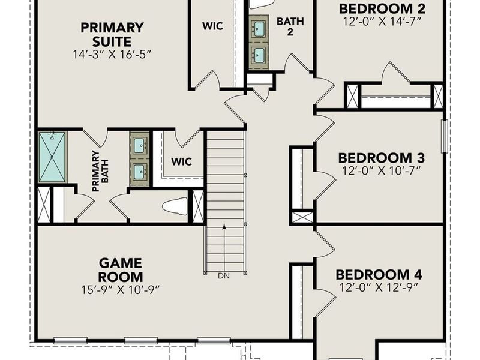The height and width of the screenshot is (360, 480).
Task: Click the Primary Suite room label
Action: [112, 35]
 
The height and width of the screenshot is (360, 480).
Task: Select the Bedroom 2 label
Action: [382, 8]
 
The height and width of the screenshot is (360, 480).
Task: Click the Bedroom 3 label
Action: [382, 158]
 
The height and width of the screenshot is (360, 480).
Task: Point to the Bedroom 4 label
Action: [379, 275]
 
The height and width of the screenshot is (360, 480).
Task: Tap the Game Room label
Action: [121, 270]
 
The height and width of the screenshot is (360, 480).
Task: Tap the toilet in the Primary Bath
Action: [175, 206]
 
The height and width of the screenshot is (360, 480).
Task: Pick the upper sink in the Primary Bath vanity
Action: [139, 145]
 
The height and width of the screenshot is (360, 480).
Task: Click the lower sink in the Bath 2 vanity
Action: [260, 55]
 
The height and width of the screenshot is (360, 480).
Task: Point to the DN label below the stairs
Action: [224, 275]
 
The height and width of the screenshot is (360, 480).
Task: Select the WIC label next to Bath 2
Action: [212, 26]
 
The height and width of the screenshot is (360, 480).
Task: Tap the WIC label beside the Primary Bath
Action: [182, 161]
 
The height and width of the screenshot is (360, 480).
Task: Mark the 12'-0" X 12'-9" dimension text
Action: [379, 288]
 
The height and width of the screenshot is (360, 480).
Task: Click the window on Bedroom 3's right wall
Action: [445, 136]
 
